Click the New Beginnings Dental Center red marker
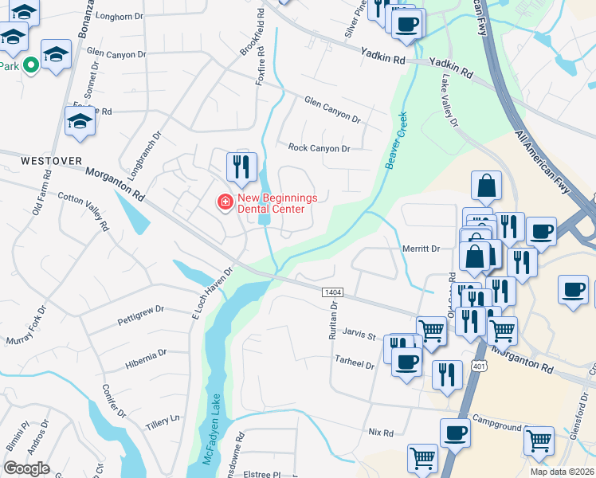(225, 203)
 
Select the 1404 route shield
(334, 293)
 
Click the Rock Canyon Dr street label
(319, 148)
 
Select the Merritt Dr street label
(421, 249)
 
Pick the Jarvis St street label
(359, 336)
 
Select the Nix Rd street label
(381, 433)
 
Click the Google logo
(26, 468)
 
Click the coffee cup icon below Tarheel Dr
(406, 362)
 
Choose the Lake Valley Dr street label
(449, 100)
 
